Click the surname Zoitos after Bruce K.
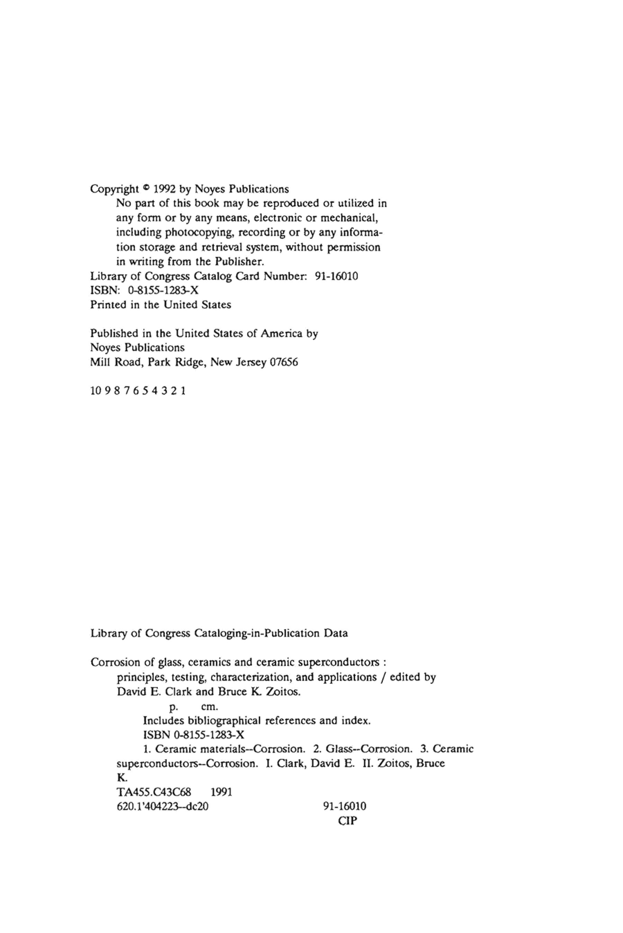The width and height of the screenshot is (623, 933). click(x=282, y=692)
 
